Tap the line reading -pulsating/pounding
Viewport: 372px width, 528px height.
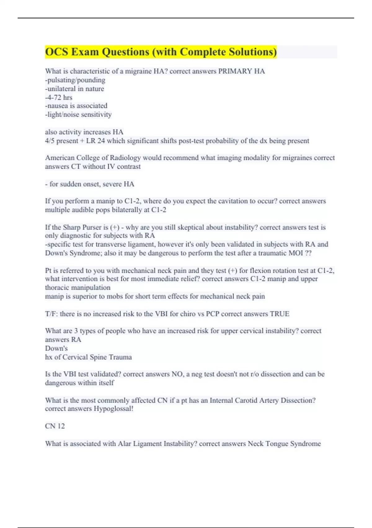coord(75,80)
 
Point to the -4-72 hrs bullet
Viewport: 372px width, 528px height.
coord(59,98)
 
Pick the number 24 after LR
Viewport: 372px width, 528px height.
coord(101,141)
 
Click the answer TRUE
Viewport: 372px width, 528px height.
coord(280,314)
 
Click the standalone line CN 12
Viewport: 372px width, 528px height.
coord(55,426)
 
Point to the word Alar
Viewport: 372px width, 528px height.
coord(124,444)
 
